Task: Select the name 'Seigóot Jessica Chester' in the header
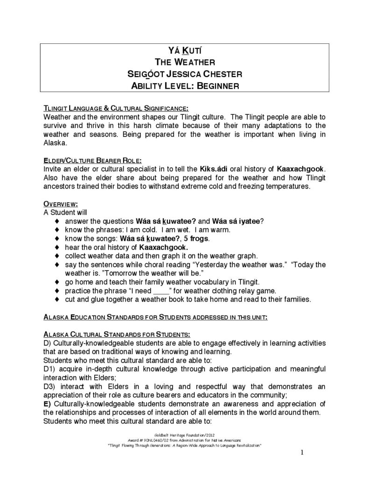[x=184, y=74]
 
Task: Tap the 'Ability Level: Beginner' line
[x=184, y=86]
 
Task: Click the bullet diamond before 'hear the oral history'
[x=56, y=247]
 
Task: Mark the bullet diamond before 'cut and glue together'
[x=56, y=299]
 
